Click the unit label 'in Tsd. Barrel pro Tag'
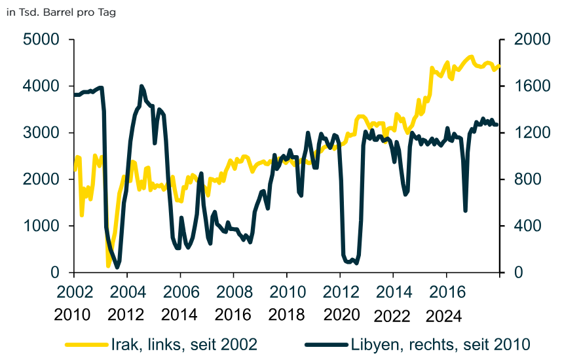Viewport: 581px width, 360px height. [61, 12]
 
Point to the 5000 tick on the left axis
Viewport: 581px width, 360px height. [41, 39]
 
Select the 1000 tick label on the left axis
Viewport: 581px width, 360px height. [41, 226]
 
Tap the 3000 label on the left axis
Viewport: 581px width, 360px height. [41, 133]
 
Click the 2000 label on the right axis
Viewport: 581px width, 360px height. [532, 39]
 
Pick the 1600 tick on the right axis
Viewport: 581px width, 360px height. [532, 86]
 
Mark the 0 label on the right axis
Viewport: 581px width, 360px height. [518, 272]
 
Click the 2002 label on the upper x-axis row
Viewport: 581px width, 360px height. [75, 292]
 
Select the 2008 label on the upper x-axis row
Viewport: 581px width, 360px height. [234, 292]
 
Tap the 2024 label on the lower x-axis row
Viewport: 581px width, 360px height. [443, 316]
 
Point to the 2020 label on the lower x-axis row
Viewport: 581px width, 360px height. [342, 315]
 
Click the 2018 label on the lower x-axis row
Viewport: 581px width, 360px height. [286, 315]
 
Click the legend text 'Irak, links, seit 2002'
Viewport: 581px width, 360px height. [184, 344]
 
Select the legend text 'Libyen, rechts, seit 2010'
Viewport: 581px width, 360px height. [441, 344]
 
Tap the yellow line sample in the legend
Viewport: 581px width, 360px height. [86, 345]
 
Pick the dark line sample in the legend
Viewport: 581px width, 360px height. [326, 345]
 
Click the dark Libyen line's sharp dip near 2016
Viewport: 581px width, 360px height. [465, 211]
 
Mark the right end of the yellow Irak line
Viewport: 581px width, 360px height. [499, 66]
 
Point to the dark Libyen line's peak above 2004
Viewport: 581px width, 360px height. [141, 86]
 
